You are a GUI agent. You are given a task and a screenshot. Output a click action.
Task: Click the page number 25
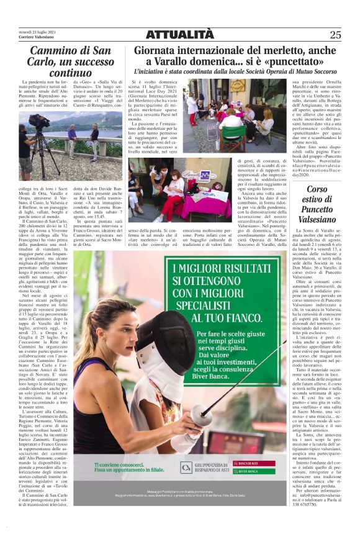335,35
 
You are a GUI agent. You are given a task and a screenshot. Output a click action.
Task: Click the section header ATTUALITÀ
179,34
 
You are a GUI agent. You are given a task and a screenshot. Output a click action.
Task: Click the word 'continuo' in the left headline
70,73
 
